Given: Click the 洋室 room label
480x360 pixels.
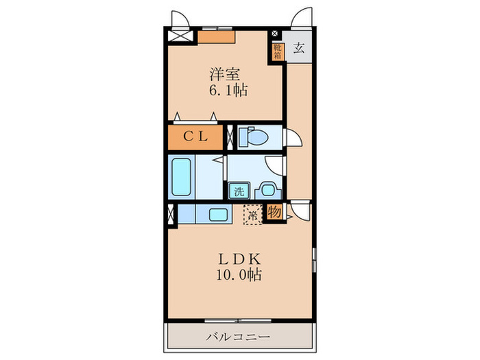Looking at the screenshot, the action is (x=224, y=74).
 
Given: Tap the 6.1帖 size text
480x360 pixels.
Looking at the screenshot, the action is (x=228, y=91).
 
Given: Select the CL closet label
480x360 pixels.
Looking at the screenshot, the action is (x=195, y=136).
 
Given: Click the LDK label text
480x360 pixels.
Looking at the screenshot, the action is (x=239, y=259).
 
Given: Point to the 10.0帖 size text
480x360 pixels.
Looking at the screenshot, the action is (x=239, y=274).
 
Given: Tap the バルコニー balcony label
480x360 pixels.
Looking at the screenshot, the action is (x=238, y=337).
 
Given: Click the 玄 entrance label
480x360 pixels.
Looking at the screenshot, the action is (x=299, y=48).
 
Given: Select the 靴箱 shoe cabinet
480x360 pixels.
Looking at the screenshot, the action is (x=278, y=51).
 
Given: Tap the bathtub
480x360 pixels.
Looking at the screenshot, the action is (x=181, y=177).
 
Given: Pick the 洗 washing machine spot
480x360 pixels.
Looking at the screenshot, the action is (x=239, y=191).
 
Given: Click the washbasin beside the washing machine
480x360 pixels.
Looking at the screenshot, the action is (x=268, y=191).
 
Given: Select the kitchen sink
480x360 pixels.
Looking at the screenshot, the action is (x=218, y=214).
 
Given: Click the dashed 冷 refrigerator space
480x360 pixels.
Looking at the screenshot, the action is (x=253, y=215).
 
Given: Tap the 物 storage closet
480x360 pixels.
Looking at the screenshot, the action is (x=274, y=212).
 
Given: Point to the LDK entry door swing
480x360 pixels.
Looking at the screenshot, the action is (x=300, y=211).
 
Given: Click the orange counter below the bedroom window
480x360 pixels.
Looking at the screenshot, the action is (x=217, y=37).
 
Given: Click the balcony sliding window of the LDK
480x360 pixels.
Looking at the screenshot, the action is (x=238, y=321).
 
